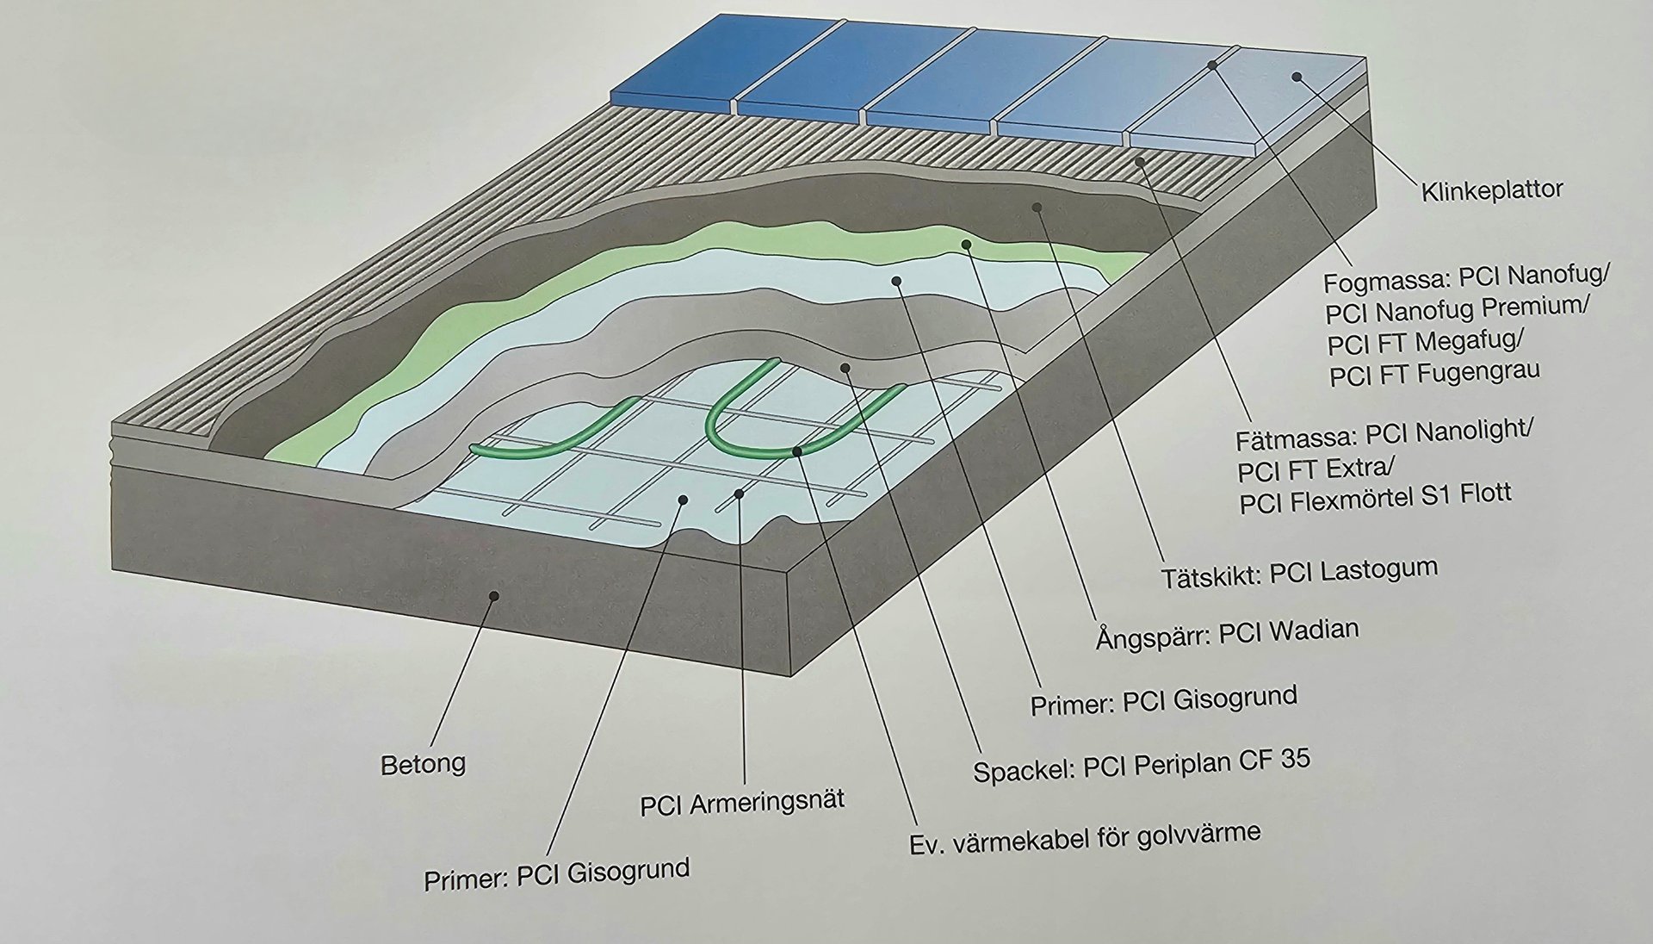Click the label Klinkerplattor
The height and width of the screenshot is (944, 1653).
click(x=1491, y=190)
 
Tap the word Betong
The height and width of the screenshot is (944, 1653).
click(x=423, y=764)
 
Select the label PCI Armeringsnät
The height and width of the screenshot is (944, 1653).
click(x=742, y=804)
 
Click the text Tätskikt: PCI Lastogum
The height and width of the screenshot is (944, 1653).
click(x=1300, y=573)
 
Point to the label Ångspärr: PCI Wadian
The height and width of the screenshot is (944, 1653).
click(x=1227, y=633)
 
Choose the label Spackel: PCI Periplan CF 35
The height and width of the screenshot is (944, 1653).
click(x=1142, y=764)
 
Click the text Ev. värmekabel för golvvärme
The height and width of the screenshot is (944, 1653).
click(x=1085, y=839)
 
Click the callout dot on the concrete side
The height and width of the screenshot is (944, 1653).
click(x=494, y=595)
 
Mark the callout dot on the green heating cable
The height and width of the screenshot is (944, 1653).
click(x=797, y=451)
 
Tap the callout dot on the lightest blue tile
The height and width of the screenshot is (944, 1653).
click(x=1297, y=77)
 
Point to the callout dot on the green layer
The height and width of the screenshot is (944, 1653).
click(x=966, y=245)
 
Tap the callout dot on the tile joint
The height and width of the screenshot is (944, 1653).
click(x=1212, y=65)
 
